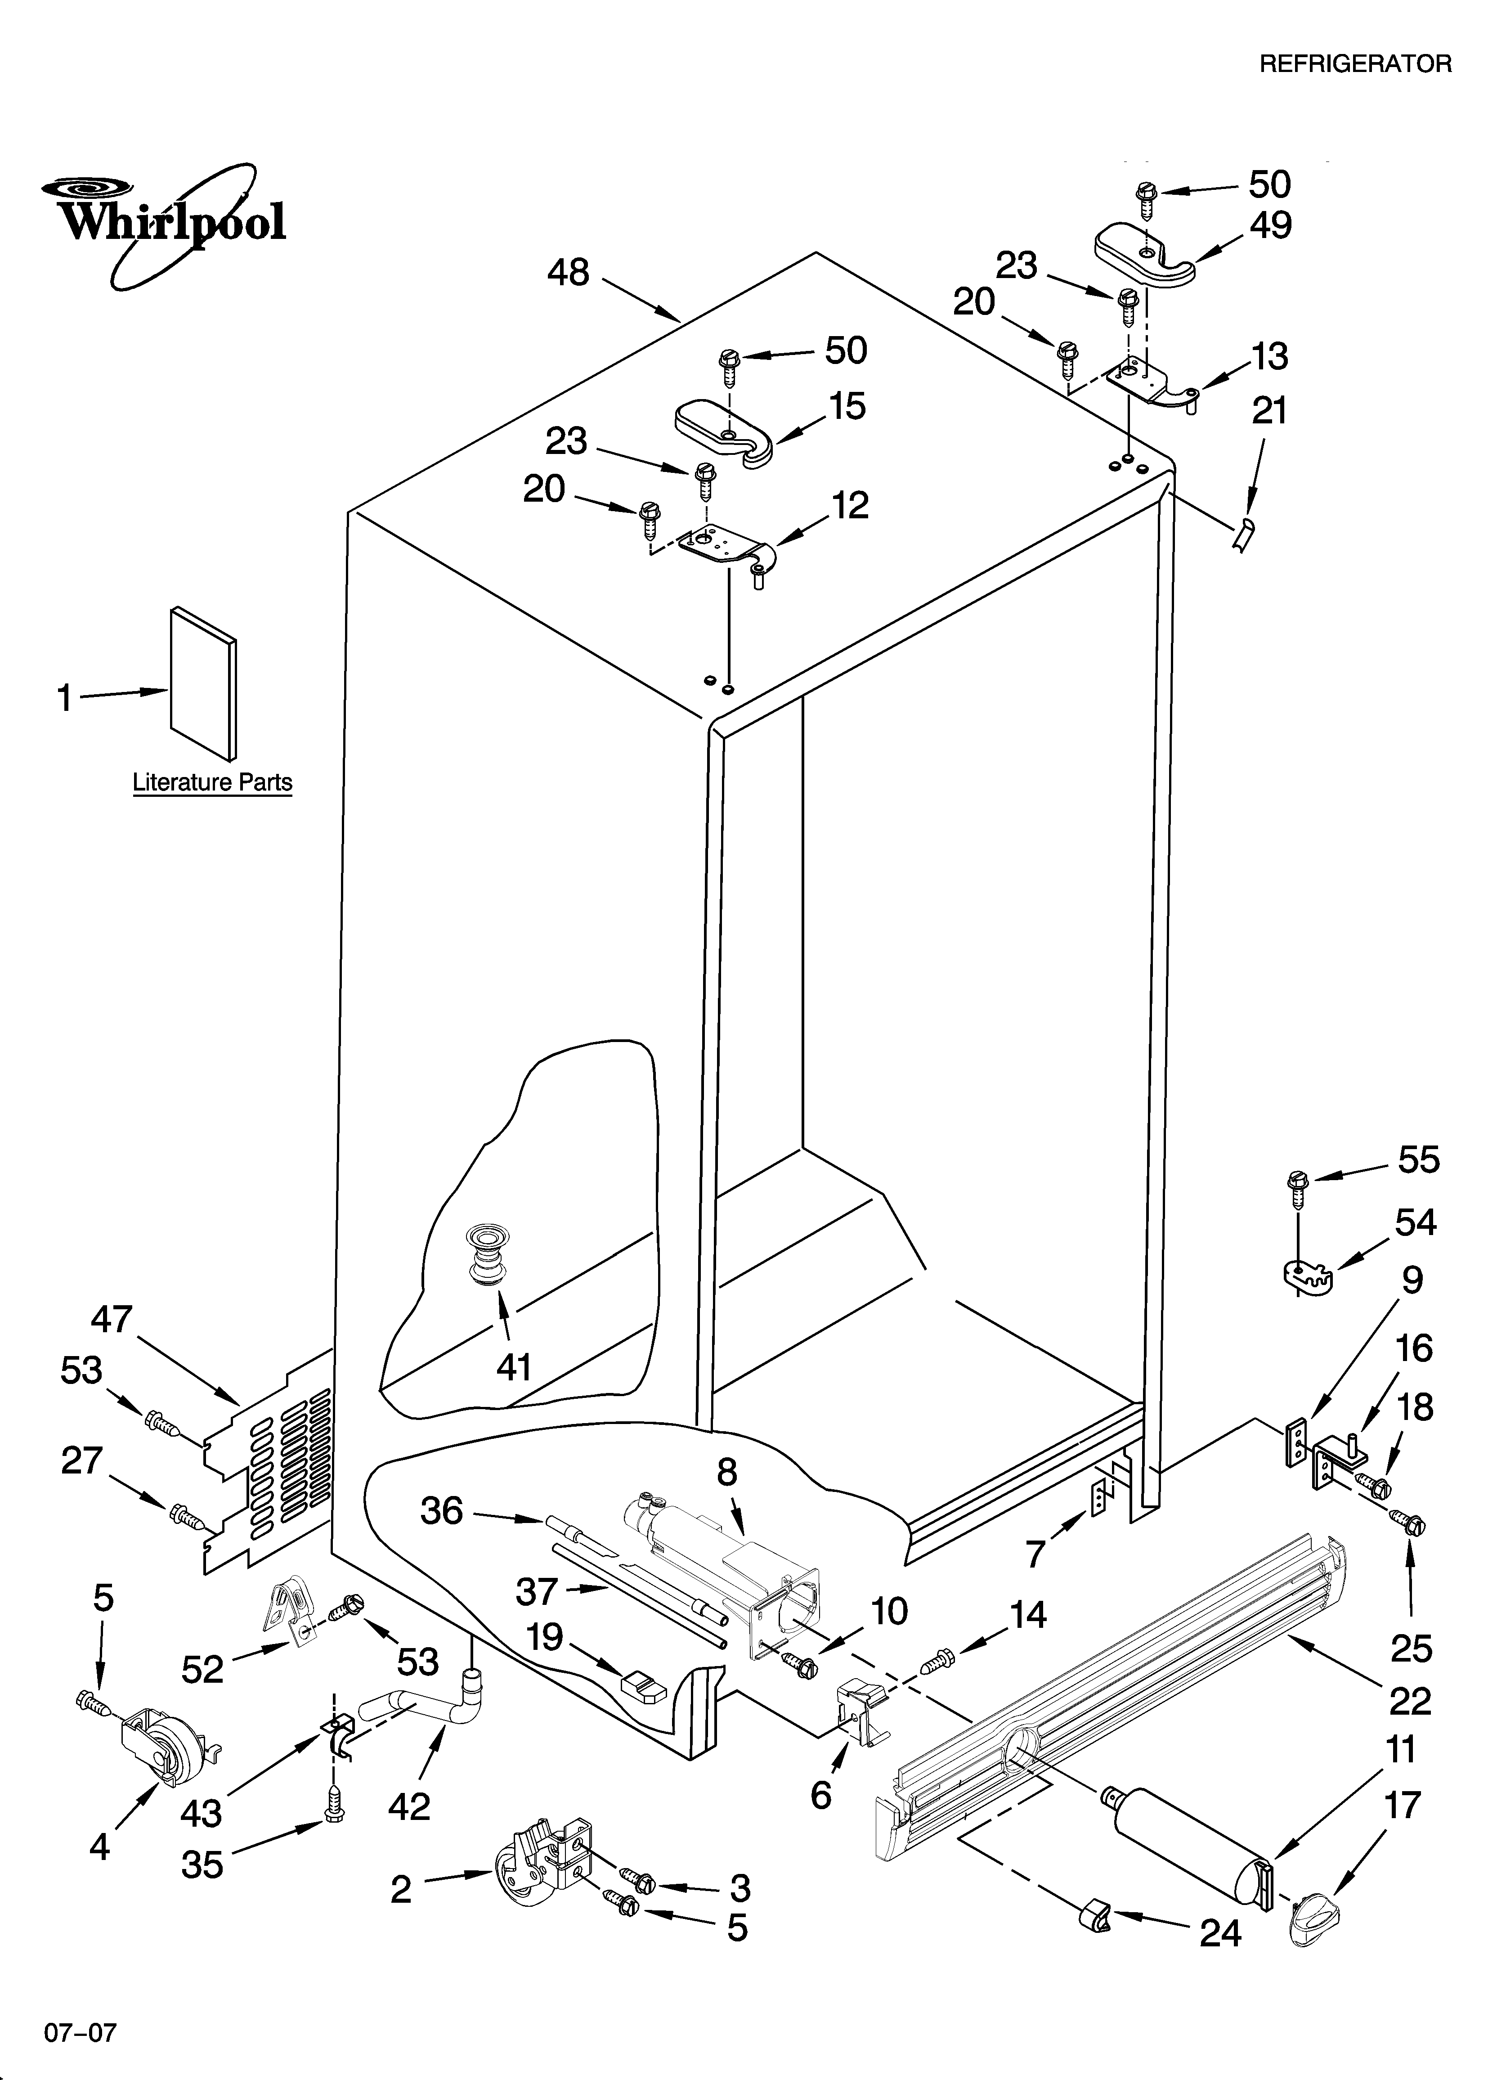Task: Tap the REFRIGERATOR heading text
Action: coord(1355,63)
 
